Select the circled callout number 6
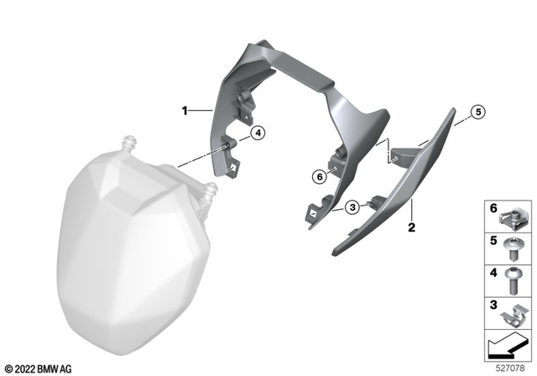tap(319, 177)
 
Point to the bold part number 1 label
tap(185, 110)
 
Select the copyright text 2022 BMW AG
tap(39, 368)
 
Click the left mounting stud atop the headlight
tap(129, 141)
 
